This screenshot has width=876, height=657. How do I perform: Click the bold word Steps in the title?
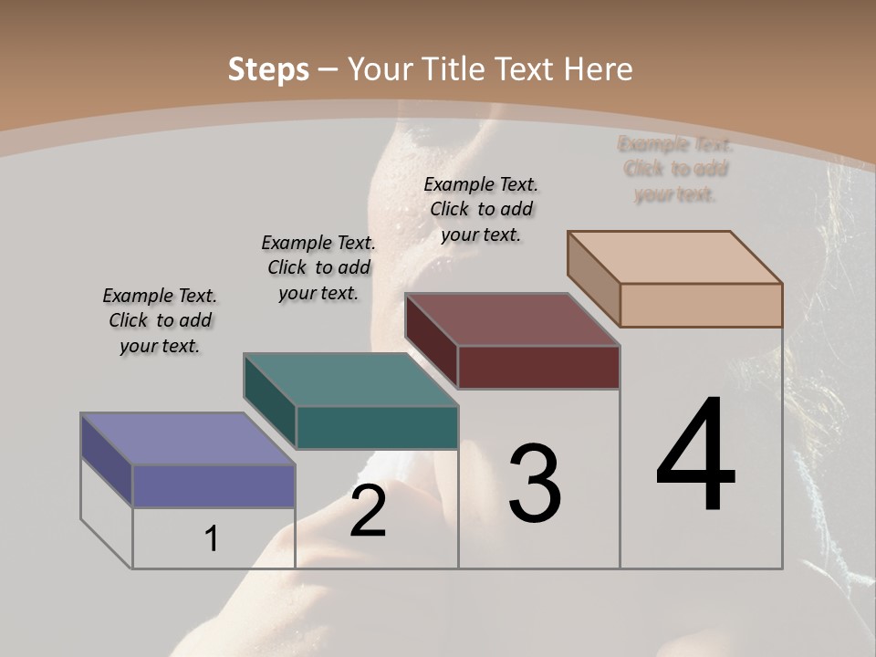(x=268, y=69)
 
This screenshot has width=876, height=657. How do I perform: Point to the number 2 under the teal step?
(x=368, y=511)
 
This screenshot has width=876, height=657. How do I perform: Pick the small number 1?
(x=212, y=539)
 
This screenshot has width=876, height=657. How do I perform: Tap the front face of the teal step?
(x=377, y=427)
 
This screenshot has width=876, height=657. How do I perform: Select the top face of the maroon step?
(x=511, y=319)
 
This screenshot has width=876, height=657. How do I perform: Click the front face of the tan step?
(x=701, y=305)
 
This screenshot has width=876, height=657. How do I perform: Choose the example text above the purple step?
(x=160, y=320)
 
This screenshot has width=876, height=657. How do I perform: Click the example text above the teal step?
(x=318, y=267)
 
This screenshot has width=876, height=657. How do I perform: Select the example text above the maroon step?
(x=481, y=209)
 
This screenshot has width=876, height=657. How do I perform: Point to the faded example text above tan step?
(x=675, y=169)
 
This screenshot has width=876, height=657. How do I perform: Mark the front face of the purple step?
(x=214, y=485)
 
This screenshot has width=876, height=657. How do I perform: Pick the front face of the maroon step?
(x=538, y=367)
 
